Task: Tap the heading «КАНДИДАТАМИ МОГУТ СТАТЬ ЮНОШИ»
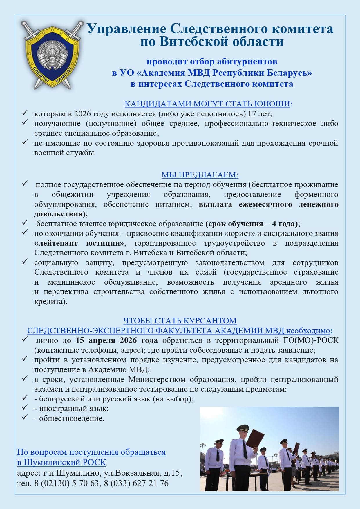click(207, 104)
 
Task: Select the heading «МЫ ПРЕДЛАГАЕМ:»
click(200, 175)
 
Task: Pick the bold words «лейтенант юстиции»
click(79, 243)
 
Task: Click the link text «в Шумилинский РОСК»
click(61, 462)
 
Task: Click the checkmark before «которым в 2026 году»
click(25, 113)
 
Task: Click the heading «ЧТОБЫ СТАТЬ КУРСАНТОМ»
click(180, 321)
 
